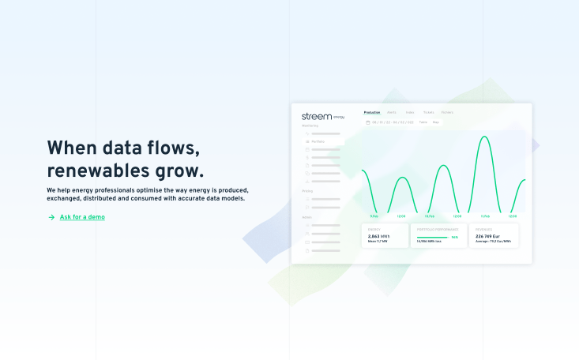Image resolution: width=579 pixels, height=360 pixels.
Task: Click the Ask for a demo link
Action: coord(82,217)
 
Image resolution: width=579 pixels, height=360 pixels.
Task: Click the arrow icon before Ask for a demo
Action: coord(51,217)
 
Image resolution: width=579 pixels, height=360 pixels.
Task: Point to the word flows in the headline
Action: coord(168,148)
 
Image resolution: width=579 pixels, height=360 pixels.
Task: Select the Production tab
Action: coord(372,112)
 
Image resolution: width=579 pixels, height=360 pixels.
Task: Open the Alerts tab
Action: coord(392,112)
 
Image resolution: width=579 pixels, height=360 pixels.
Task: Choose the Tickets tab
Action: coord(428,112)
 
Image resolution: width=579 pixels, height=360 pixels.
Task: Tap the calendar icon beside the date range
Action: coord(367,122)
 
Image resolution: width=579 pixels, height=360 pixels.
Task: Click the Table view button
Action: coord(423,122)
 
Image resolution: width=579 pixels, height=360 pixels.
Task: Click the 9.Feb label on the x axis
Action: coord(374,216)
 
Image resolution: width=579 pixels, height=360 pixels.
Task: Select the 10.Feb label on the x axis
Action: coord(429,216)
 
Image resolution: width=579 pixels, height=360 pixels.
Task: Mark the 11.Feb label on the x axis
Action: coord(484,216)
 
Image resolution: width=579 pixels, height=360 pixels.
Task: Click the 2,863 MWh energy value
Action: coord(379,236)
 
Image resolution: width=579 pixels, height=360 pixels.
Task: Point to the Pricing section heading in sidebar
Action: coord(307,191)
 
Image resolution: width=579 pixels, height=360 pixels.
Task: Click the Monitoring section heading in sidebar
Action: coord(310,126)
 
